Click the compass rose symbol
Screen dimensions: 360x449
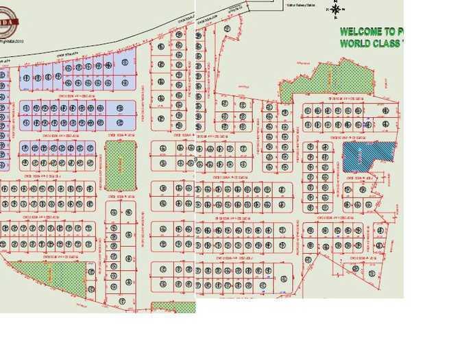335,10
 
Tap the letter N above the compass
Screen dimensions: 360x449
335,1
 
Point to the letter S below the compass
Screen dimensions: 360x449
335,18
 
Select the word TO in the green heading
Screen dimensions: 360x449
389,32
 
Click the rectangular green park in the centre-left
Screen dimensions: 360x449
120,164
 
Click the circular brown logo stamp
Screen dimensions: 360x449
8,25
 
